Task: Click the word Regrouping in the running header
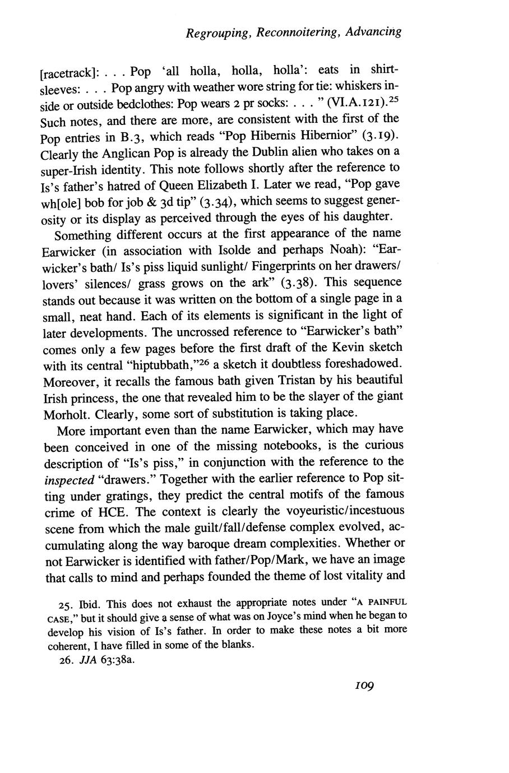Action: (x=217, y=33)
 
